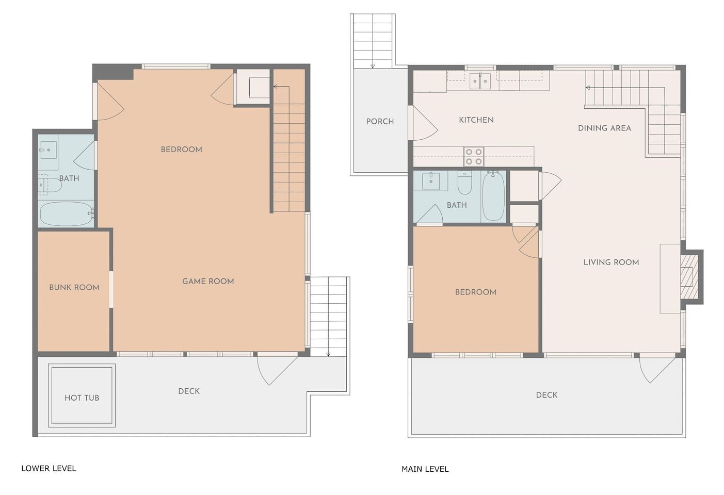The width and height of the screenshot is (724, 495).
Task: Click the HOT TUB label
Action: click(x=82, y=398)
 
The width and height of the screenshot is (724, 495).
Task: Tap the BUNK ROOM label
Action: click(x=74, y=287)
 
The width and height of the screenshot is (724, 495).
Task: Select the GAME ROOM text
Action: click(x=208, y=281)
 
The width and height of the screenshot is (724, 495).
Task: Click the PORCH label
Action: click(x=380, y=121)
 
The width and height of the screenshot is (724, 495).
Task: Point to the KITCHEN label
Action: click(x=476, y=120)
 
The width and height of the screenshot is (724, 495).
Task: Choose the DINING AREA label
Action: click(x=605, y=128)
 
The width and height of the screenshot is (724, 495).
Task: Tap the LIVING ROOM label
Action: click(x=611, y=262)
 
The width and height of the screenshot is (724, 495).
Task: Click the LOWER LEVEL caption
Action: click(x=49, y=468)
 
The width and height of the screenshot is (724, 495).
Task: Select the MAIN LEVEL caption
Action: click(x=425, y=469)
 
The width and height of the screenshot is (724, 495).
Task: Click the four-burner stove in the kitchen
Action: click(x=474, y=157)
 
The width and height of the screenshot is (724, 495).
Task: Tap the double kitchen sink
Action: click(x=480, y=81)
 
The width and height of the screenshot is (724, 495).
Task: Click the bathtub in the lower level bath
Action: click(x=66, y=214)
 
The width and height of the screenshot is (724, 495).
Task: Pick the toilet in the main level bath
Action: click(x=465, y=183)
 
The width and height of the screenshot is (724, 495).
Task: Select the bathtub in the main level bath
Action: click(x=493, y=196)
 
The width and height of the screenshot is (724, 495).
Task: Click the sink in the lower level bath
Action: click(x=48, y=150)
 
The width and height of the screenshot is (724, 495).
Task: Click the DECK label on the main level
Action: click(x=546, y=395)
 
